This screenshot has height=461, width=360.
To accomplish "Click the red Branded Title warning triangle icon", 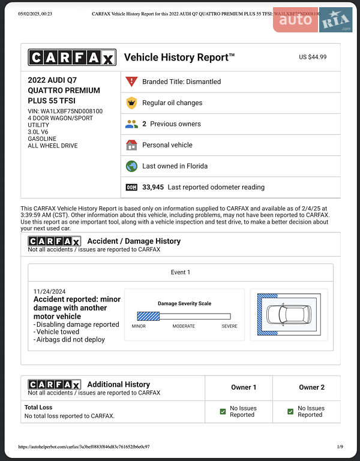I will pyautogui.click(x=131, y=82).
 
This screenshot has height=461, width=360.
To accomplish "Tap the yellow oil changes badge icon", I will pyautogui.click(x=131, y=103).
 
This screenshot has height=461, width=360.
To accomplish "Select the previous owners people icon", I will pyautogui.click(x=131, y=124).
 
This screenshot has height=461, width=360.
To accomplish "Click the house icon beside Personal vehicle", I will pyautogui.click(x=131, y=145).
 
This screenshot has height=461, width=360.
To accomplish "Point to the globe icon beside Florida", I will pyautogui.click(x=131, y=166).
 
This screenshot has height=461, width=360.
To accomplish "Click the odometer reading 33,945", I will pyautogui.click(x=153, y=187).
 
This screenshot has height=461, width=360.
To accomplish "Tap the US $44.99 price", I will pyautogui.click(x=313, y=57).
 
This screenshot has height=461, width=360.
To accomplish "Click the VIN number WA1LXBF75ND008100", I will pyautogui.click(x=71, y=111).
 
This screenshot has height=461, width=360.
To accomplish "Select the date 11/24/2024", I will pyautogui.click(x=50, y=291).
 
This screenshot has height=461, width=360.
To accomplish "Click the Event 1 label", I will pyautogui.click(x=180, y=272).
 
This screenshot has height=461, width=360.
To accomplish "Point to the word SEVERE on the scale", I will pyautogui.click(x=229, y=326).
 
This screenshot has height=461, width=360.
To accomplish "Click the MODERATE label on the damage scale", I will pyautogui.click(x=184, y=326).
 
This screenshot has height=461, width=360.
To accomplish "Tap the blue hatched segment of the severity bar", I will pyautogui.click(x=148, y=316).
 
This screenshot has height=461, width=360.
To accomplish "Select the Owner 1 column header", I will pyautogui.click(x=244, y=387).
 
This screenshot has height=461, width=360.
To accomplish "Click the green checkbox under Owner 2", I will pyautogui.click(x=290, y=411).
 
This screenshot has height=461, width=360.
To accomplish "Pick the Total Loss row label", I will pyautogui.click(x=38, y=408).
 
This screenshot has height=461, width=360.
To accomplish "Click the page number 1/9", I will pyautogui.click(x=340, y=447).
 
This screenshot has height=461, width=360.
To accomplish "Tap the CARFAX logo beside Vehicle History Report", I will pyautogui.click(x=71, y=58).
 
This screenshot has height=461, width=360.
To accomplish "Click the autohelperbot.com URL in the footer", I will pyautogui.click(x=84, y=447).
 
